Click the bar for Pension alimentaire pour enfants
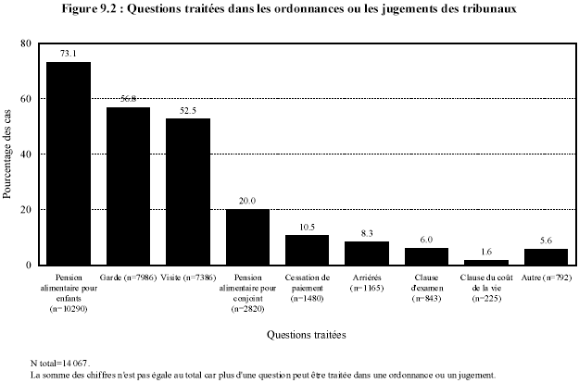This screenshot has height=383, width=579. (69, 164)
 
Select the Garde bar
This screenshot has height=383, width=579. (128, 186)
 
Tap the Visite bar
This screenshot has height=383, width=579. (188, 191)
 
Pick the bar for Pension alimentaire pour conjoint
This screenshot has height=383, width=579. (247, 237)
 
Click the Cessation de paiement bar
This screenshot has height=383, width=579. (307, 250)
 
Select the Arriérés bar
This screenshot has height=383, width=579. (367, 253)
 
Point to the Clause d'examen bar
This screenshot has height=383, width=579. (426, 256)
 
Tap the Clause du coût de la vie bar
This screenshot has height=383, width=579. (485, 263)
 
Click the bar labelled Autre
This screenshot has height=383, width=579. (545, 257)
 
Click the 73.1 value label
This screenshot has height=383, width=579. (69, 54)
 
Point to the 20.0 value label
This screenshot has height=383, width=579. (247, 201)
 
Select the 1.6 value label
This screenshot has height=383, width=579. (485, 253)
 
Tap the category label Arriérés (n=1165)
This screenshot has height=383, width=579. (367, 281)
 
